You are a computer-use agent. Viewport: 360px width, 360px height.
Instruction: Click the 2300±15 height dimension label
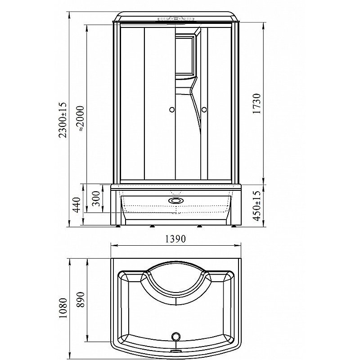(x=63, y=120)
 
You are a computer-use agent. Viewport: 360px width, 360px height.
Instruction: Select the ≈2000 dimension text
(x=81, y=118)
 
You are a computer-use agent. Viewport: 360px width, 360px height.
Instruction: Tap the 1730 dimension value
(x=256, y=103)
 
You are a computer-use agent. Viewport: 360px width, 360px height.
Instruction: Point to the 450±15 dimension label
(x=256, y=206)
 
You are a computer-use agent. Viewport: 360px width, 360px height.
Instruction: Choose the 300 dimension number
(x=97, y=198)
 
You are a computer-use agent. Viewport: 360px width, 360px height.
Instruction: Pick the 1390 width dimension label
(x=175, y=239)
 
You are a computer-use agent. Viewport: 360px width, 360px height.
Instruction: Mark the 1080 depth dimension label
(x=63, y=308)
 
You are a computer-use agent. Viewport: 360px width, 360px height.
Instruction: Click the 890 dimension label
(x=81, y=299)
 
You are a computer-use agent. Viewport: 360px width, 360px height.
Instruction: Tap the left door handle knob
(x=171, y=110)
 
